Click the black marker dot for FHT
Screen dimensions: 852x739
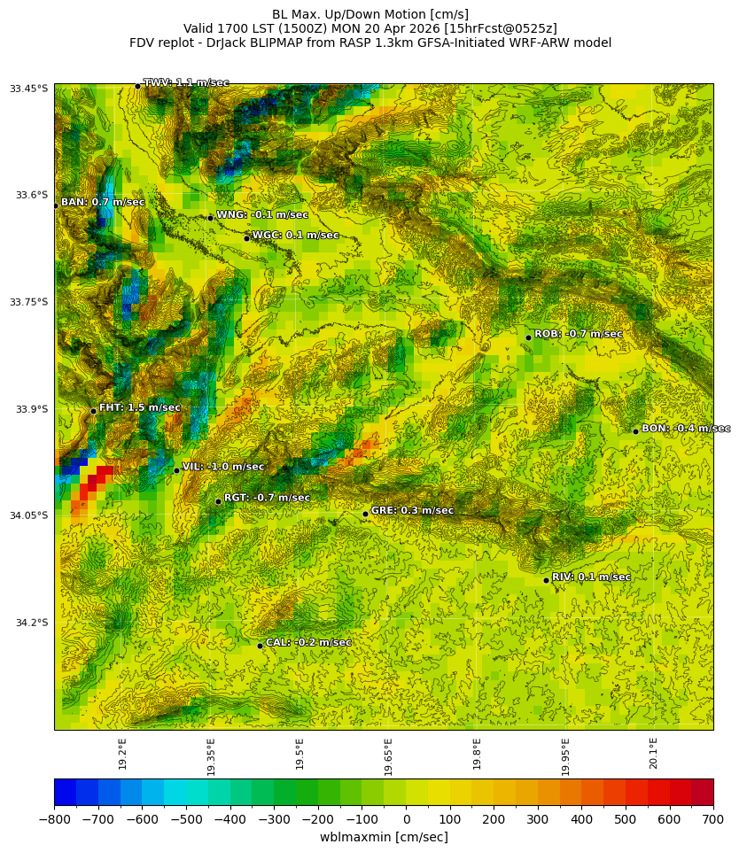click(93, 411)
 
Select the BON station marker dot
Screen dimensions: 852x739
click(635, 431)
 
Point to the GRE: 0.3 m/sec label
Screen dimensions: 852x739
click(411, 511)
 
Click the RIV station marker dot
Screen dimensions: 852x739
click(546, 580)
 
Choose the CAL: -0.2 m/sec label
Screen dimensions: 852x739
click(308, 643)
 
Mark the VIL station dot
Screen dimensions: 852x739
click(176, 470)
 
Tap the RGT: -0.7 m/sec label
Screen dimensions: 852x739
click(267, 498)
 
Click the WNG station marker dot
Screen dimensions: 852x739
click(210, 218)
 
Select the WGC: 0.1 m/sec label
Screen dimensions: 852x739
click(295, 236)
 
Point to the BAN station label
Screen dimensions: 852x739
click(102, 203)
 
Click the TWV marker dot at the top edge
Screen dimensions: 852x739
click(137, 86)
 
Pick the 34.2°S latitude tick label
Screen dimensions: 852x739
click(30, 623)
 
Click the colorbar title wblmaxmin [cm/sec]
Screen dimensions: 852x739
click(384, 837)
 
